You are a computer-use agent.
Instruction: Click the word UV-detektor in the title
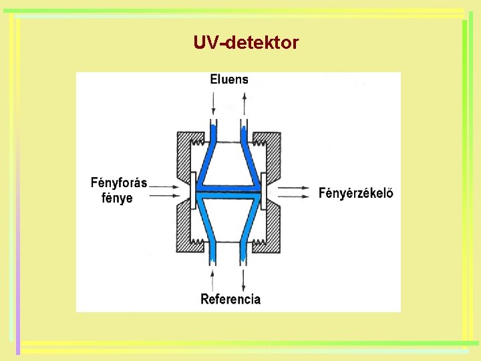coord(246,43)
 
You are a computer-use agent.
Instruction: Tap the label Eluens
coord(229,80)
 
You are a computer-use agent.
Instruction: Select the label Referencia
coord(230,299)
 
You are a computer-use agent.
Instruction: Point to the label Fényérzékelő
coord(356,194)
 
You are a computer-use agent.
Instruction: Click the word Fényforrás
coord(119,183)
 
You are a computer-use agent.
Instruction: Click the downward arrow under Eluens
coord(213,104)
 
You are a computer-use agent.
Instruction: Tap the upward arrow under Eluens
coord(245,104)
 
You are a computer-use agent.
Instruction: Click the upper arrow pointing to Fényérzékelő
coord(295,189)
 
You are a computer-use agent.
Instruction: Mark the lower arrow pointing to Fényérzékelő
coord(295,199)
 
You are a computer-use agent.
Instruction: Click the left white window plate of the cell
coord(193,193)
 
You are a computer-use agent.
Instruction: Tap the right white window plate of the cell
coord(265,193)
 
